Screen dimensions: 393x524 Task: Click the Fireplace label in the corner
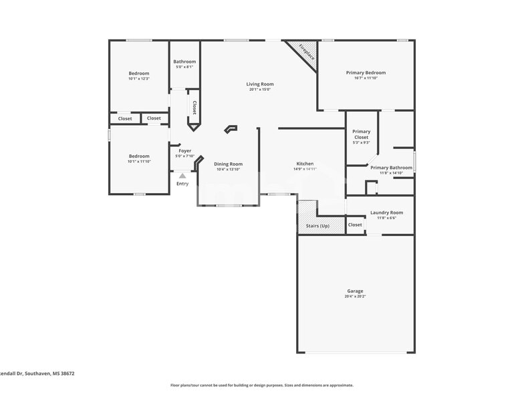tap(306, 52)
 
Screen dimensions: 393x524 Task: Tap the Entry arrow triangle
tap(182, 176)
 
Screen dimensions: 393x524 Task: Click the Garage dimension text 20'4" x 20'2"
tap(355, 296)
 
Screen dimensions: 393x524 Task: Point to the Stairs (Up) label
tap(317, 226)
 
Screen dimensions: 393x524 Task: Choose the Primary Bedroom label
tap(366, 73)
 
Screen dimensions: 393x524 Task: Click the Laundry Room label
tap(386, 213)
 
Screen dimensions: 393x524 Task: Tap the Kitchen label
tap(305, 164)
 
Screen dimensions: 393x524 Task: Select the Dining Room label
tap(228, 164)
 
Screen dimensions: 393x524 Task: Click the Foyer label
tap(184, 151)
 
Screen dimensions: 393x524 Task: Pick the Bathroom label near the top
tap(184, 61)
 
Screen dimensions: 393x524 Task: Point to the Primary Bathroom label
tap(391, 168)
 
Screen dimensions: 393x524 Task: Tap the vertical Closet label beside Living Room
tap(194, 107)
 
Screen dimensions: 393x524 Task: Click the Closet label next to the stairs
tap(355, 225)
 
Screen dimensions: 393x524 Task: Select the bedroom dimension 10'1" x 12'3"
tap(139, 79)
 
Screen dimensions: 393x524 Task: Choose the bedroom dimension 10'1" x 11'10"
tap(139, 162)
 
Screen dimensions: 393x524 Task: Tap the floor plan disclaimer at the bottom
tap(261, 385)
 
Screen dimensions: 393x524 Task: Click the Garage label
tap(355, 291)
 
